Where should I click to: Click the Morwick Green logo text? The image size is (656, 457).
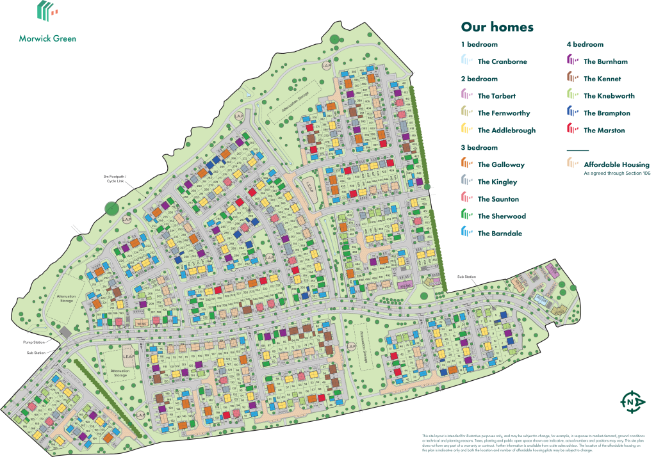pyautogui.click(x=47, y=38)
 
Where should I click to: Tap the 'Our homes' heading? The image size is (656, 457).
pyautogui.click(x=497, y=27)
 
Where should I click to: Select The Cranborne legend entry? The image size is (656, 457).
pyautogui.click(x=502, y=61)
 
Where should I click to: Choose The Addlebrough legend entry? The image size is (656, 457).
pyautogui.click(x=506, y=130)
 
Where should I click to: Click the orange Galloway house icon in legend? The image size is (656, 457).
pyautogui.click(x=466, y=164)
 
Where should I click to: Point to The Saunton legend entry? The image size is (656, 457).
pyautogui.click(x=498, y=199)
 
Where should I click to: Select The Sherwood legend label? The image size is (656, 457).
pyautogui.click(x=501, y=216)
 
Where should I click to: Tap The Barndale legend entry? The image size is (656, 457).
pyautogui.click(x=500, y=234)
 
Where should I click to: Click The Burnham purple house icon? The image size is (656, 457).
pyautogui.click(x=572, y=61)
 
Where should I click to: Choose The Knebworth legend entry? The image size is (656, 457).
pyautogui.click(x=609, y=96)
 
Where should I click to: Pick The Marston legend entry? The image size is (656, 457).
pyautogui.click(x=604, y=130)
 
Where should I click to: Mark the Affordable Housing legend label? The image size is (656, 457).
pyautogui.click(x=616, y=164)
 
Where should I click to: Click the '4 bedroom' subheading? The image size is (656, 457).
pyautogui.click(x=585, y=45)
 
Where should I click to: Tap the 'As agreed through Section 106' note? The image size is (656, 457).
pyautogui.click(x=617, y=173)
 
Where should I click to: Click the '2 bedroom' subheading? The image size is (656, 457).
pyautogui.click(x=479, y=79)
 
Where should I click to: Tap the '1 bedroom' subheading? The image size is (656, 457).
pyautogui.click(x=479, y=45)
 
